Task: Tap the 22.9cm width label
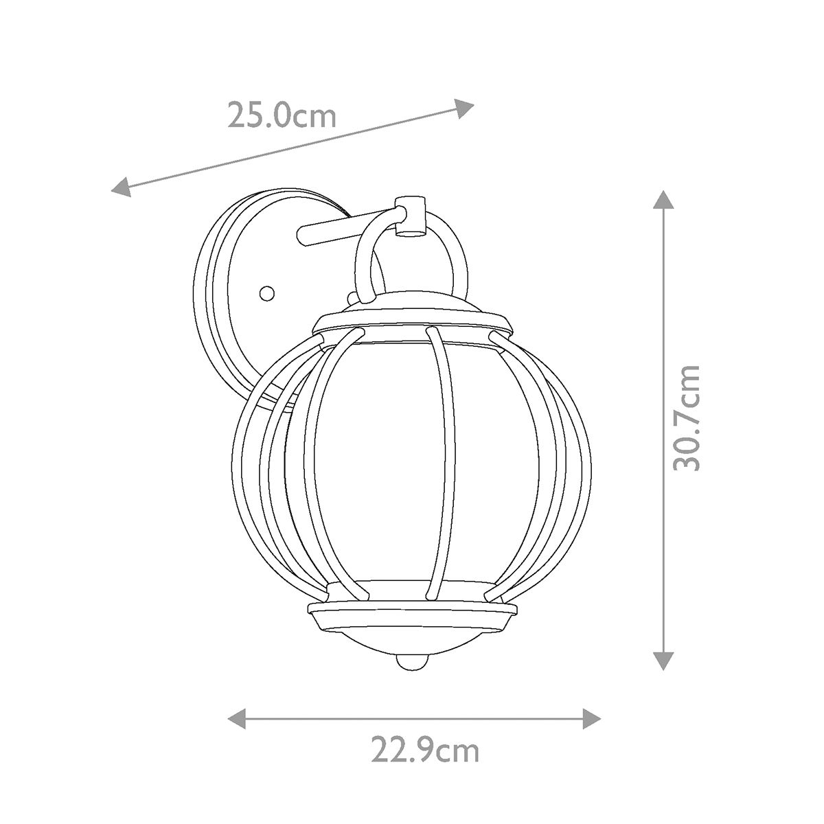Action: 425,750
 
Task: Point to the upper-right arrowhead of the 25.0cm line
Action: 466,107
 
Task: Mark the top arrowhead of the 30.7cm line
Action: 662,199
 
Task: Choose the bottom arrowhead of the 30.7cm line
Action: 662,660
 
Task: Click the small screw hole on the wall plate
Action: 266,293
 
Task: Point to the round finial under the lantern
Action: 410,662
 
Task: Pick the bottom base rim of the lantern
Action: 412,610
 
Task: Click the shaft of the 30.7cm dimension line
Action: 662,309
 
